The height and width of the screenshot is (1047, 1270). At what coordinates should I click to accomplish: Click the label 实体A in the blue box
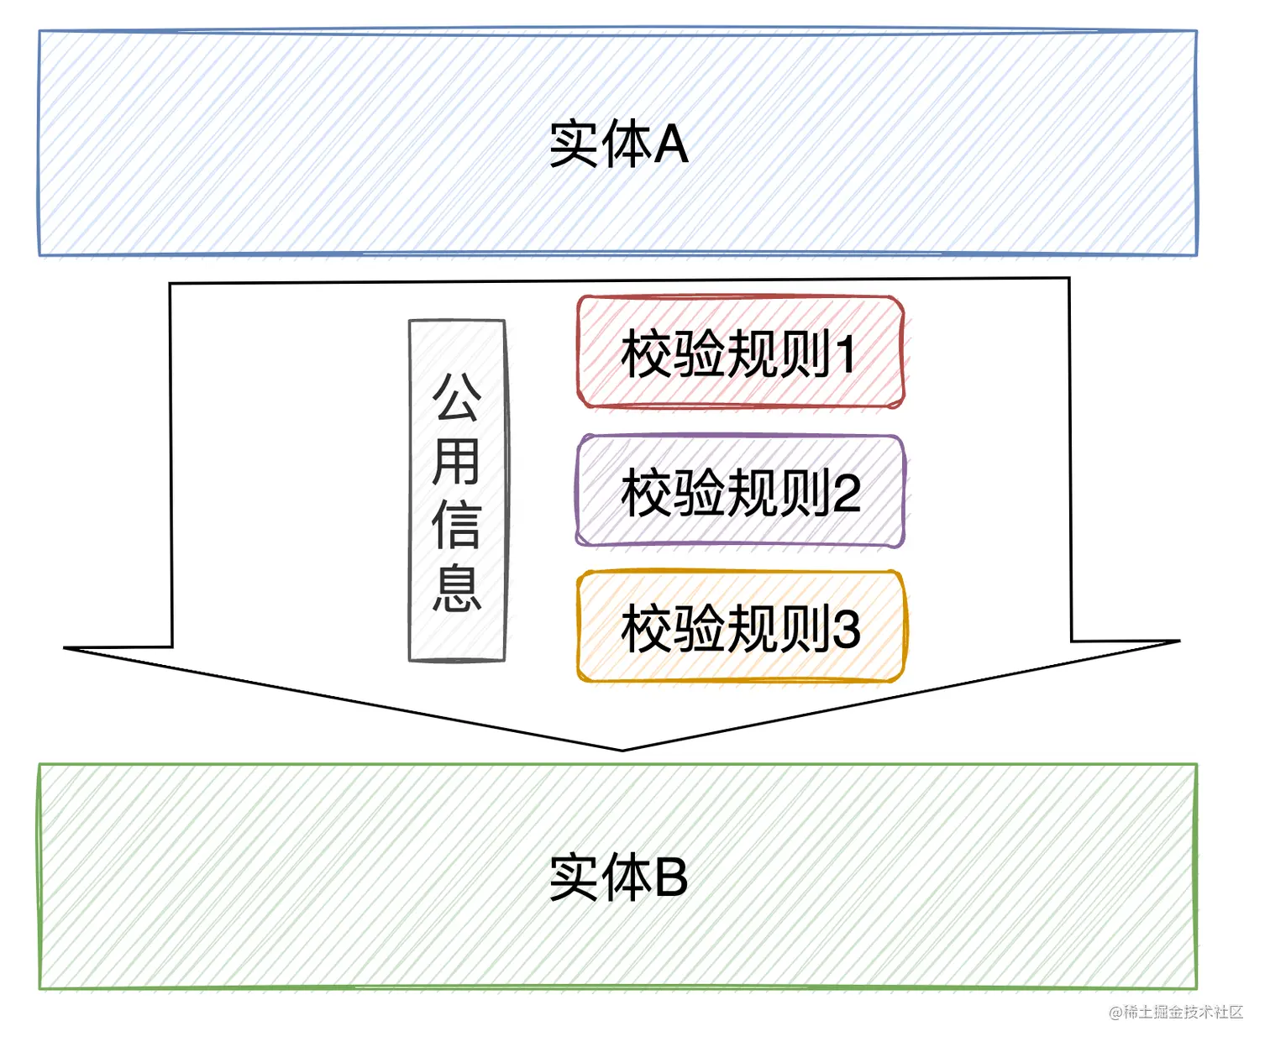(618, 144)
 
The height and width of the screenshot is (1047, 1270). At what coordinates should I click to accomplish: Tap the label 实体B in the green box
(618, 878)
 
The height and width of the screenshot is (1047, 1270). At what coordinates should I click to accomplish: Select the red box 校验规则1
(740, 353)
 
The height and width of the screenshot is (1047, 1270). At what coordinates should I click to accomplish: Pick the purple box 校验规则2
(740, 492)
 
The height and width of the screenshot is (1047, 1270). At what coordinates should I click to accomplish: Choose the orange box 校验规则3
(740, 627)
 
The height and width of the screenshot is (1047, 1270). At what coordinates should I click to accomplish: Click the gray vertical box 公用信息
(457, 490)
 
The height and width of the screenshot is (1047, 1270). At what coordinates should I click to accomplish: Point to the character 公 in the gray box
(457, 398)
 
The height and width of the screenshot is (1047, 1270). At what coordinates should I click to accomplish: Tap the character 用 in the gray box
(457, 462)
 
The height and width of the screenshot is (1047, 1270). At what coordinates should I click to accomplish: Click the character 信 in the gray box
(457, 526)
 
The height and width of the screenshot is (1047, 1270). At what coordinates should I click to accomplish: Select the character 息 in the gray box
(457, 589)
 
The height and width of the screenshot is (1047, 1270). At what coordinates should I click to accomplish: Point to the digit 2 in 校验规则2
(846, 493)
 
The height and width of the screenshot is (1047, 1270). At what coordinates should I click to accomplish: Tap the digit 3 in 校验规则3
(846, 628)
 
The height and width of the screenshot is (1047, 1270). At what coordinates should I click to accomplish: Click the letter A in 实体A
(671, 144)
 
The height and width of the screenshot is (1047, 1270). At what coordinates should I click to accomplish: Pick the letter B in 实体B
(670, 878)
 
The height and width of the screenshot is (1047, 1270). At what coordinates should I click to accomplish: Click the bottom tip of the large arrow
(622, 750)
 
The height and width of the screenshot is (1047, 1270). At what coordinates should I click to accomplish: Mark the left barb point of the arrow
(66, 648)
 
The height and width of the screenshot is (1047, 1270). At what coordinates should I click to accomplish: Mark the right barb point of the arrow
(1179, 641)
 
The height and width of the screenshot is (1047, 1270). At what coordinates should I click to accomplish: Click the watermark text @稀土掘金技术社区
(1175, 1012)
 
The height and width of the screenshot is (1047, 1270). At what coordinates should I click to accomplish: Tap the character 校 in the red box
(647, 353)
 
